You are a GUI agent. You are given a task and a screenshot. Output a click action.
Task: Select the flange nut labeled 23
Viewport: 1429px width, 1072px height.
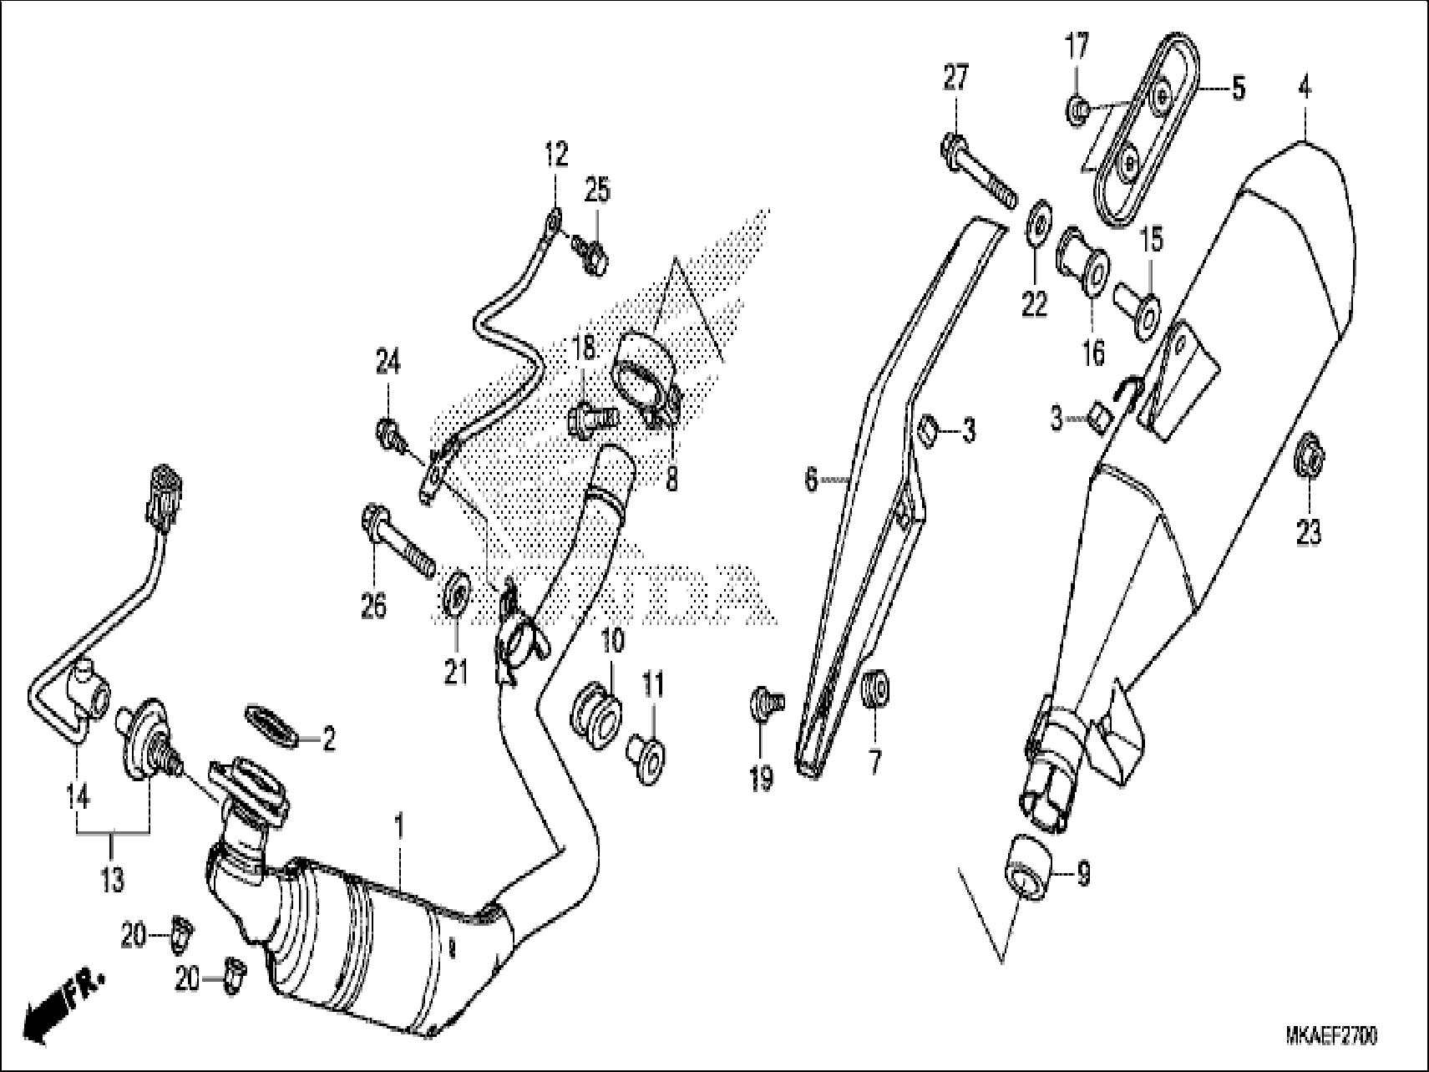[1308, 458]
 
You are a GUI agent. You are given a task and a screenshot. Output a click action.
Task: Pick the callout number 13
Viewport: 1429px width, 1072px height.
[112, 879]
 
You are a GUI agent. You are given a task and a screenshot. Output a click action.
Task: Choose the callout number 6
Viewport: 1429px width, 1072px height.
[810, 480]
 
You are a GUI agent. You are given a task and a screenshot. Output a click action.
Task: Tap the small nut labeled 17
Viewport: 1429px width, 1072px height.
[1078, 109]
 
